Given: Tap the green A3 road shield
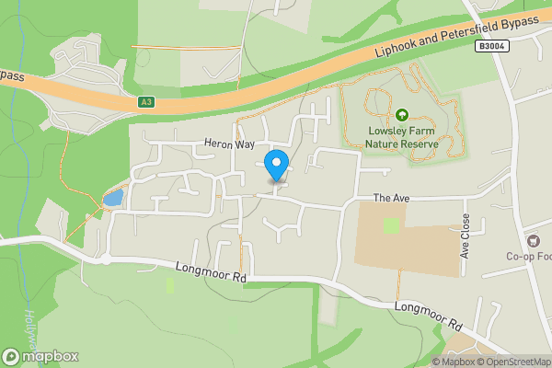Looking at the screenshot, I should [x=147, y=102].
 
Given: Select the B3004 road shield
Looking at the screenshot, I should [x=492, y=45].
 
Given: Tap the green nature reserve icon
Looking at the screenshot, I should [x=402, y=115].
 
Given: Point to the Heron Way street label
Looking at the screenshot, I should [x=228, y=145].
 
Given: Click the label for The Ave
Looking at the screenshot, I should [x=389, y=198].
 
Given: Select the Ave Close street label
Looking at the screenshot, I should [x=466, y=236].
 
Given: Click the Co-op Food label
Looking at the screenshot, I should [x=529, y=256].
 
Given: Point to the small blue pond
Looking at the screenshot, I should [x=112, y=198].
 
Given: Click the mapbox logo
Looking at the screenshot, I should [x=40, y=356].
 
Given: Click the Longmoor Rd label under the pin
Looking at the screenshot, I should [x=209, y=270].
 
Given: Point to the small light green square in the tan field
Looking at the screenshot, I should [x=392, y=224].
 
